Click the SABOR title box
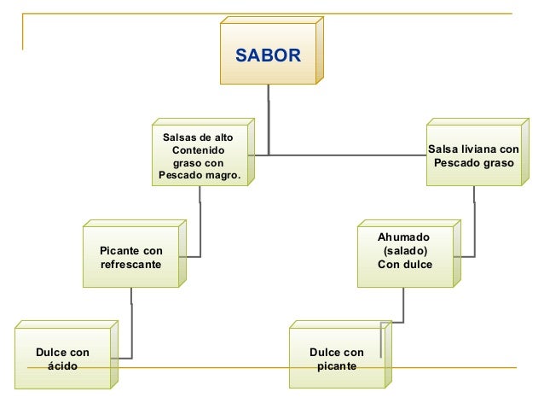[x=268, y=56]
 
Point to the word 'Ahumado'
[x=404, y=237]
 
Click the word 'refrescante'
[x=130, y=264]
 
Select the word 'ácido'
[x=62, y=365]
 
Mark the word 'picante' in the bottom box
[x=336, y=365]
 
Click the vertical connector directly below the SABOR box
[x=269, y=120]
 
